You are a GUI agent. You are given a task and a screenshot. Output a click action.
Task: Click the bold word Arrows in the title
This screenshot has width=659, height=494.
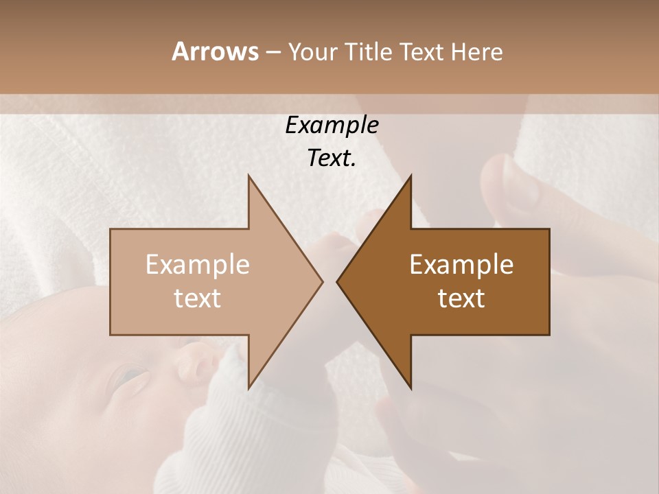(215, 51)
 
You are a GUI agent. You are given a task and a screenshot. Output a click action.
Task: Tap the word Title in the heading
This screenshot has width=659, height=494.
(368, 51)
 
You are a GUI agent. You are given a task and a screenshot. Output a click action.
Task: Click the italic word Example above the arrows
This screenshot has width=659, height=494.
(332, 125)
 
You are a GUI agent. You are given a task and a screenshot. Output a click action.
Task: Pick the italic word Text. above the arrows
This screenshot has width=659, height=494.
(332, 158)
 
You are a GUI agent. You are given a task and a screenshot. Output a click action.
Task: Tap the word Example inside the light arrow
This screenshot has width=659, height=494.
(198, 264)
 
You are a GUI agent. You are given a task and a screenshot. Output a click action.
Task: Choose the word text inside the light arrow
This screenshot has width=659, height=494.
(198, 298)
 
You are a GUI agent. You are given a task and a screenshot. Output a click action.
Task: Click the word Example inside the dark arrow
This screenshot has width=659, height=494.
(461, 264)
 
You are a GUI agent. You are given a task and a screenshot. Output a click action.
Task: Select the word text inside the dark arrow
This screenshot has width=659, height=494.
(461, 298)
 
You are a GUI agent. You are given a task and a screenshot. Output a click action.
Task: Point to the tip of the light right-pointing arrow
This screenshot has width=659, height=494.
(322, 281)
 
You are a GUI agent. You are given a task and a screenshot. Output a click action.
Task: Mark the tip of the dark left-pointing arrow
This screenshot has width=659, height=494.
(337, 281)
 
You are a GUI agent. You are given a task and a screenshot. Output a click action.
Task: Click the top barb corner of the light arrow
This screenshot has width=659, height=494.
(248, 176)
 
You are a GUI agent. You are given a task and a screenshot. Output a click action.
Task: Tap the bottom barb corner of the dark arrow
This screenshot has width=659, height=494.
(411, 388)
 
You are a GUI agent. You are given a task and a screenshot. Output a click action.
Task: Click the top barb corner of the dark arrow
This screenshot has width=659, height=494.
(411, 176)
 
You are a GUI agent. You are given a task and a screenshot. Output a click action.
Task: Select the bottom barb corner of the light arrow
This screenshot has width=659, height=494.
(248, 388)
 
